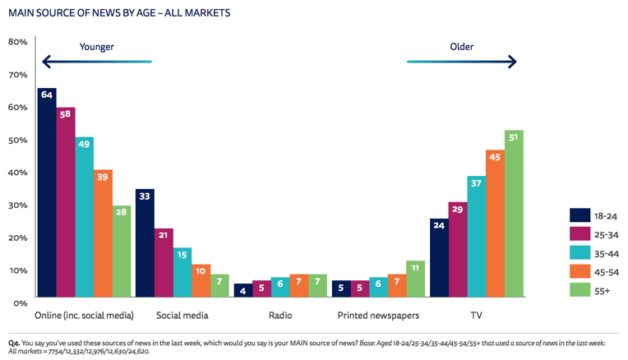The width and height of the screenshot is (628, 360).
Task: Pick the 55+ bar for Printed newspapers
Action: [x=416, y=279]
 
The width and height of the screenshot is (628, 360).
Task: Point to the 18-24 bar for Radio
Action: [x=242, y=289]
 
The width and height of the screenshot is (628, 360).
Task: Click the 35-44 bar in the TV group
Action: [x=476, y=236]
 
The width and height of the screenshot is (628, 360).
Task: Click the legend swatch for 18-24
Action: [x=581, y=215]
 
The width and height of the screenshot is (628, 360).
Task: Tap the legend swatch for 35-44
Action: [x=581, y=253]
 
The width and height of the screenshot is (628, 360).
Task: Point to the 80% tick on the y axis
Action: [x=18, y=42]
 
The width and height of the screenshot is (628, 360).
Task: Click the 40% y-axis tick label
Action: [x=18, y=173]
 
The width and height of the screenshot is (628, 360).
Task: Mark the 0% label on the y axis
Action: [x=21, y=302]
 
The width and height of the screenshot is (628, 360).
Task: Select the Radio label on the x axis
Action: [x=279, y=315]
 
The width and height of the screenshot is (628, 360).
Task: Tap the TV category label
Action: [x=476, y=315]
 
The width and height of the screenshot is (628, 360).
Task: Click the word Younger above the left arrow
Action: [x=96, y=47]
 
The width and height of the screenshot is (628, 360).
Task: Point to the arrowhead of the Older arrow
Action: [x=512, y=62]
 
